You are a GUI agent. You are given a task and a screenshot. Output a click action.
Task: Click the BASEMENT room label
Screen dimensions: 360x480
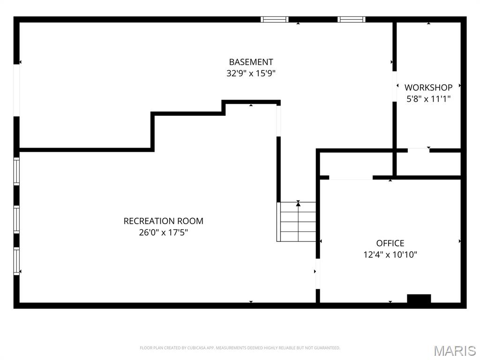(251, 62)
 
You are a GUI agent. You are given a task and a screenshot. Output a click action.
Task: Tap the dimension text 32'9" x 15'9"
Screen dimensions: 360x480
(251, 74)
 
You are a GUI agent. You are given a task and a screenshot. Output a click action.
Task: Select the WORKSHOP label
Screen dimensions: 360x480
(428, 88)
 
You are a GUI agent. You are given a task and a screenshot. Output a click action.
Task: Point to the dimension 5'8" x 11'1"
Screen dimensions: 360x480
(428, 99)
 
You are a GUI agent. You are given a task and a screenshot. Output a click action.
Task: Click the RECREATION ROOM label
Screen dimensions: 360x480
(163, 221)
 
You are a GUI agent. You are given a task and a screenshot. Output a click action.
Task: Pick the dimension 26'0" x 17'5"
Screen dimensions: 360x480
(163, 232)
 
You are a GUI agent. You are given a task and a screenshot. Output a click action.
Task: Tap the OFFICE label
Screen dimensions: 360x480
(390, 243)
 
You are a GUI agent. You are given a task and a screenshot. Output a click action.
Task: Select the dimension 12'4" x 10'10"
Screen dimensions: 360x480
(390, 255)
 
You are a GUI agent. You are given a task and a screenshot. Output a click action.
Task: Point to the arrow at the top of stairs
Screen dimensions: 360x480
(298, 203)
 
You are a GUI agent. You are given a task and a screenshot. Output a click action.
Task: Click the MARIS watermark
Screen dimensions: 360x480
(455, 350)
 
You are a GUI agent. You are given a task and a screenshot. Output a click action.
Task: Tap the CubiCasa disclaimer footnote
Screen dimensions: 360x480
(240, 348)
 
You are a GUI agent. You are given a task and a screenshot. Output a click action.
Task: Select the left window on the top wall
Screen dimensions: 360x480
(275, 19)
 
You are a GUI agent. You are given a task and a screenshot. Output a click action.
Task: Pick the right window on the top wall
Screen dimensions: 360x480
(351, 19)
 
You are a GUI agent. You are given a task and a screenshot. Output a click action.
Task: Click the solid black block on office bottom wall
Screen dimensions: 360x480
(419, 299)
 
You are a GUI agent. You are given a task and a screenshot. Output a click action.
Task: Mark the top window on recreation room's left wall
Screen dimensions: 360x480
(17, 172)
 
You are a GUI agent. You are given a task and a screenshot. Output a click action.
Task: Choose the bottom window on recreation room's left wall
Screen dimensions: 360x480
(17, 261)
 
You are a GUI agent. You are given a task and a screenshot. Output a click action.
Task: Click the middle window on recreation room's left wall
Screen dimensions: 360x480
(17, 219)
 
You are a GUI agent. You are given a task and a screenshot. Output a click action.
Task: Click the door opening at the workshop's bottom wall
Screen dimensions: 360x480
(418, 150)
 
